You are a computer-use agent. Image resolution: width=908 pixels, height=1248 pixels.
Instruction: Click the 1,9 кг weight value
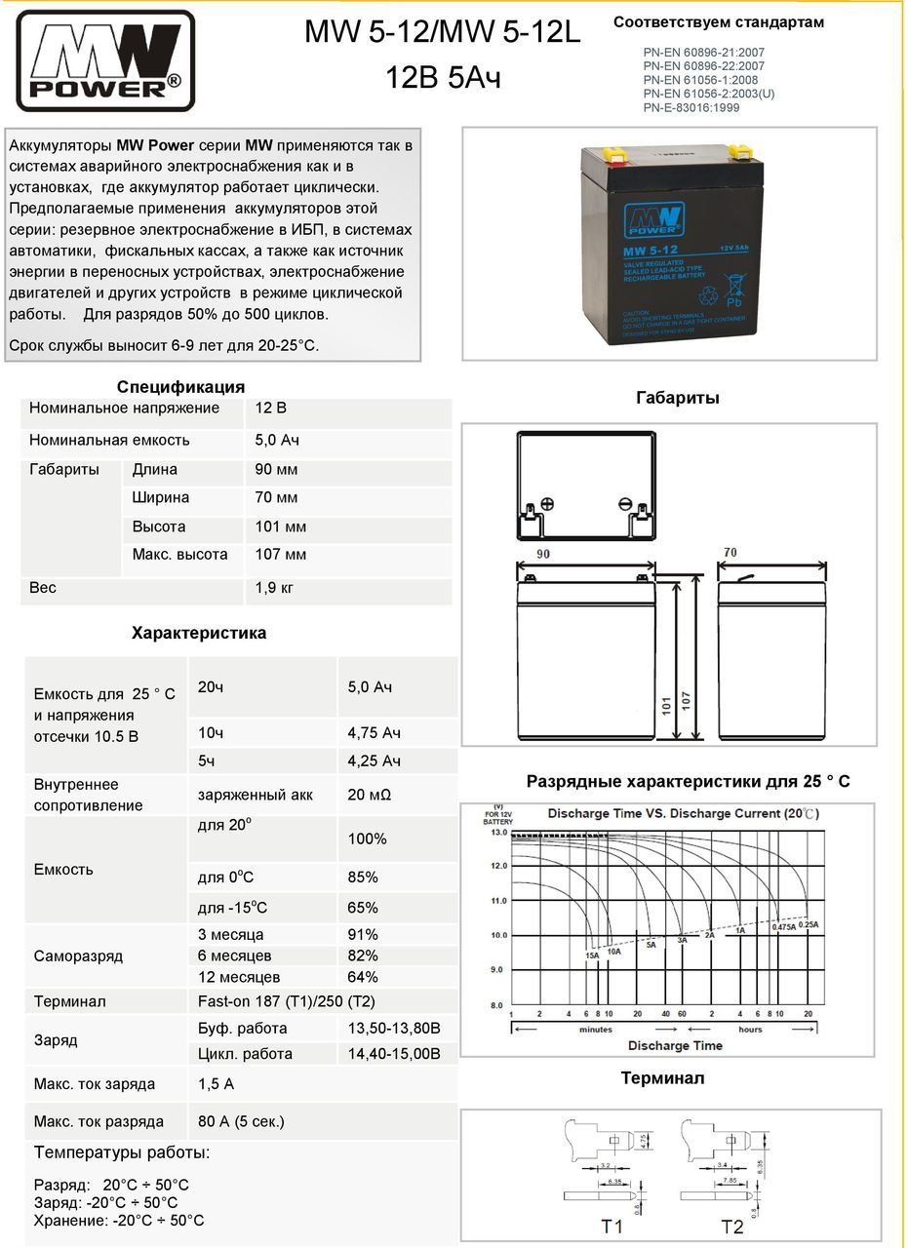pos(274,588)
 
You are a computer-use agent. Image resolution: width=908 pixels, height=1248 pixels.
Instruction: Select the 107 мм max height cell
pos(280,555)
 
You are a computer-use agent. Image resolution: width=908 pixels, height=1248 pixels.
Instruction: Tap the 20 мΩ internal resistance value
pos(370,795)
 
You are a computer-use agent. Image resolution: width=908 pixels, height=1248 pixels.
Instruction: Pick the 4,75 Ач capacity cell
pos(375,732)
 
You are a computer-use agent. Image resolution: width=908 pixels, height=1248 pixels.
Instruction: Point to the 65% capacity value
pos(363,908)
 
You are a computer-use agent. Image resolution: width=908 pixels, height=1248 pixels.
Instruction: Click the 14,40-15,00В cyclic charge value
pos(394,1053)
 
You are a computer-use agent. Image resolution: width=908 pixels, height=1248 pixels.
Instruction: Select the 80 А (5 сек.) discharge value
pos(241,1121)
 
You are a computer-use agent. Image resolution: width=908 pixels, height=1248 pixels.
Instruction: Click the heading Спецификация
pos(180,387)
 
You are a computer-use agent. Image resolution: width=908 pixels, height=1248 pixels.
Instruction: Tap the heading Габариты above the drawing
pos(677,398)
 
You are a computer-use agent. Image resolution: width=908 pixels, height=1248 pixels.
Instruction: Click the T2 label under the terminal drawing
pos(732,1226)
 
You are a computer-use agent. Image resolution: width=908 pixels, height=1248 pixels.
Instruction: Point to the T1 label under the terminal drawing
pos(612,1226)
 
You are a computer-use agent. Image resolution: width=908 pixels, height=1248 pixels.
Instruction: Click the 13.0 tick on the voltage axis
pos(498,833)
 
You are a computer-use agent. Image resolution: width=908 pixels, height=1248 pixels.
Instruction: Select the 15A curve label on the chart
pos(592,955)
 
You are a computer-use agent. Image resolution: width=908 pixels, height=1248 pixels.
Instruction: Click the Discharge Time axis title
pos(675,1045)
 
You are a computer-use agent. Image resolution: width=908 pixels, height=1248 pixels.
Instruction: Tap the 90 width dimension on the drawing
pos(544,553)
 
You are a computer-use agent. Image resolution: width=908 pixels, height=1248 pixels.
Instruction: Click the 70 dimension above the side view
pos(730,553)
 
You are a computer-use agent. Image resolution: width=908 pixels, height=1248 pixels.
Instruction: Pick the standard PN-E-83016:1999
pos(691,107)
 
